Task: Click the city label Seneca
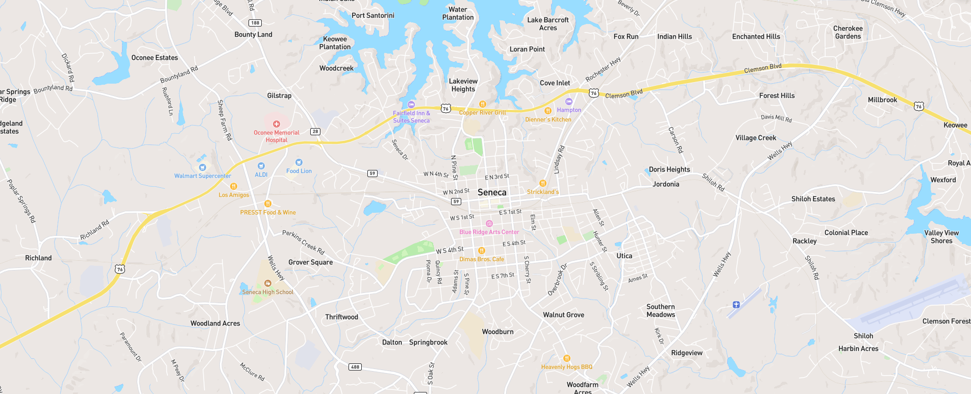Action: (492, 192)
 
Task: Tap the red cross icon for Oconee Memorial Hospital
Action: (277, 124)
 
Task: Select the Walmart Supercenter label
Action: (203, 176)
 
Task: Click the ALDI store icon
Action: (261, 166)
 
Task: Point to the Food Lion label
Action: (299, 171)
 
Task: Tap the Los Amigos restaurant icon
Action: (234, 186)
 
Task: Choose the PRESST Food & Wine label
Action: (268, 212)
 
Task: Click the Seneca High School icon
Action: (267, 283)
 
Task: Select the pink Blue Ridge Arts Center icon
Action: (489, 224)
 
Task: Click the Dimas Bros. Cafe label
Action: (482, 259)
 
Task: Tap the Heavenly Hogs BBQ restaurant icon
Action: (566, 358)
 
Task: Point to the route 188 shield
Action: (255, 23)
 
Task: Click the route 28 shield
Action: (315, 132)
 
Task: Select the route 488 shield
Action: (355, 367)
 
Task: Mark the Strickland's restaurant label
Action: (543, 192)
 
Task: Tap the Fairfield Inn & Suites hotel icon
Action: (411, 105)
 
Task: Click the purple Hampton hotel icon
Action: (569, 102)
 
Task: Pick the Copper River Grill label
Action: (482, 112)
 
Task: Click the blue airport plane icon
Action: (736, 305)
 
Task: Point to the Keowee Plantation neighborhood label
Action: (335, 43)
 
